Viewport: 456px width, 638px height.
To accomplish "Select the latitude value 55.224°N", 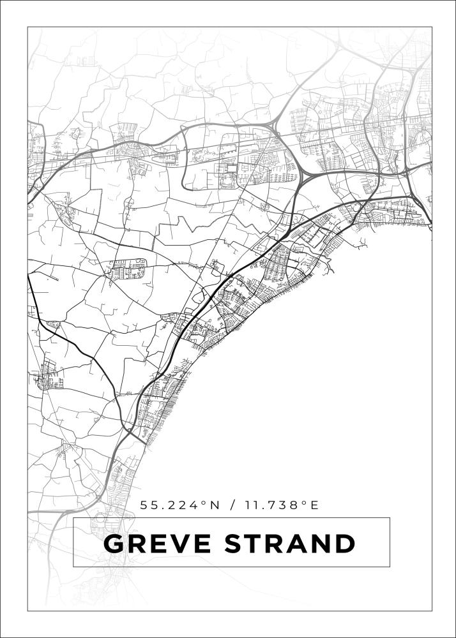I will [179, 505].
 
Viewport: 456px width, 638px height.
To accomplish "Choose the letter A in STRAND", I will [299, 544].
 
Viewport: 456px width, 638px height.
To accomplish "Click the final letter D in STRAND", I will [345, 544].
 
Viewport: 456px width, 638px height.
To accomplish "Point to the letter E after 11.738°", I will [314, 505].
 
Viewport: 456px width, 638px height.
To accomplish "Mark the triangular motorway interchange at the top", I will [275, 124].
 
